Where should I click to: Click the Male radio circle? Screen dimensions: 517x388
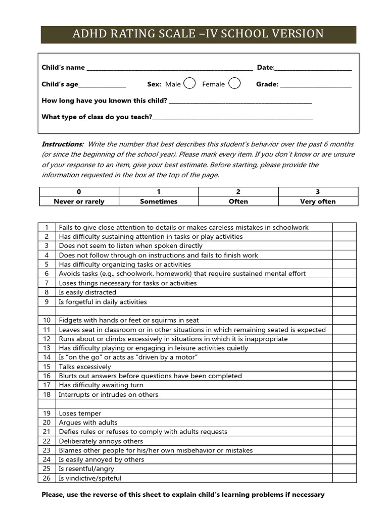189,83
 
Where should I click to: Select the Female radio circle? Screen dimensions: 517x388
234,83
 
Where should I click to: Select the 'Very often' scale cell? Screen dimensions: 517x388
318,201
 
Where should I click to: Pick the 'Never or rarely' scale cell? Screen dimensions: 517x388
79,201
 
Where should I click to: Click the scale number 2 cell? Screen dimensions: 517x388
238,192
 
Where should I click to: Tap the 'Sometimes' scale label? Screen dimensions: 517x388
159,201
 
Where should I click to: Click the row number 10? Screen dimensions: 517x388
46,320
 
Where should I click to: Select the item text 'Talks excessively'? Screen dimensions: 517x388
85,367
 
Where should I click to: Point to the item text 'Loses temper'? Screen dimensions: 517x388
80,413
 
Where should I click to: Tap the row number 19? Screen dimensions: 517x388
46,413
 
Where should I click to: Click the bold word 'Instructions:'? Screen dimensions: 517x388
62,144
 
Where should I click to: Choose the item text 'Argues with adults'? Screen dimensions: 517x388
88,423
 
